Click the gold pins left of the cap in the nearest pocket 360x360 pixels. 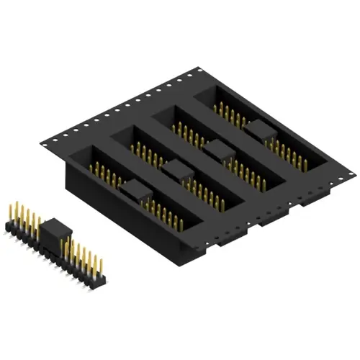[x=104, y=174]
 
